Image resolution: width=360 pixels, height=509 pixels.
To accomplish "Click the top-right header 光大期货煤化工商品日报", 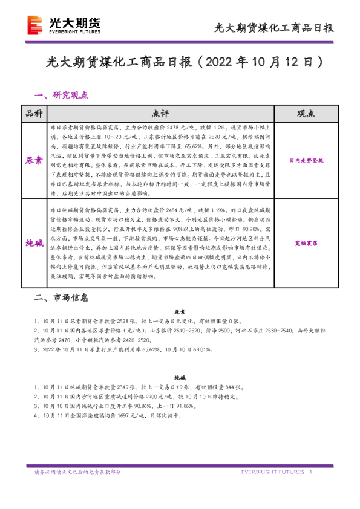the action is (275, 28).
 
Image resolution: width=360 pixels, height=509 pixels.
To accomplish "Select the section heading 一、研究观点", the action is (62, 95).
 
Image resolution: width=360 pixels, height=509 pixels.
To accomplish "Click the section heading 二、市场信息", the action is (62, 298).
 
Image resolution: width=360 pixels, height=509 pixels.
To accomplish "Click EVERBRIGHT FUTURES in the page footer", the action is (272, 472).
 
